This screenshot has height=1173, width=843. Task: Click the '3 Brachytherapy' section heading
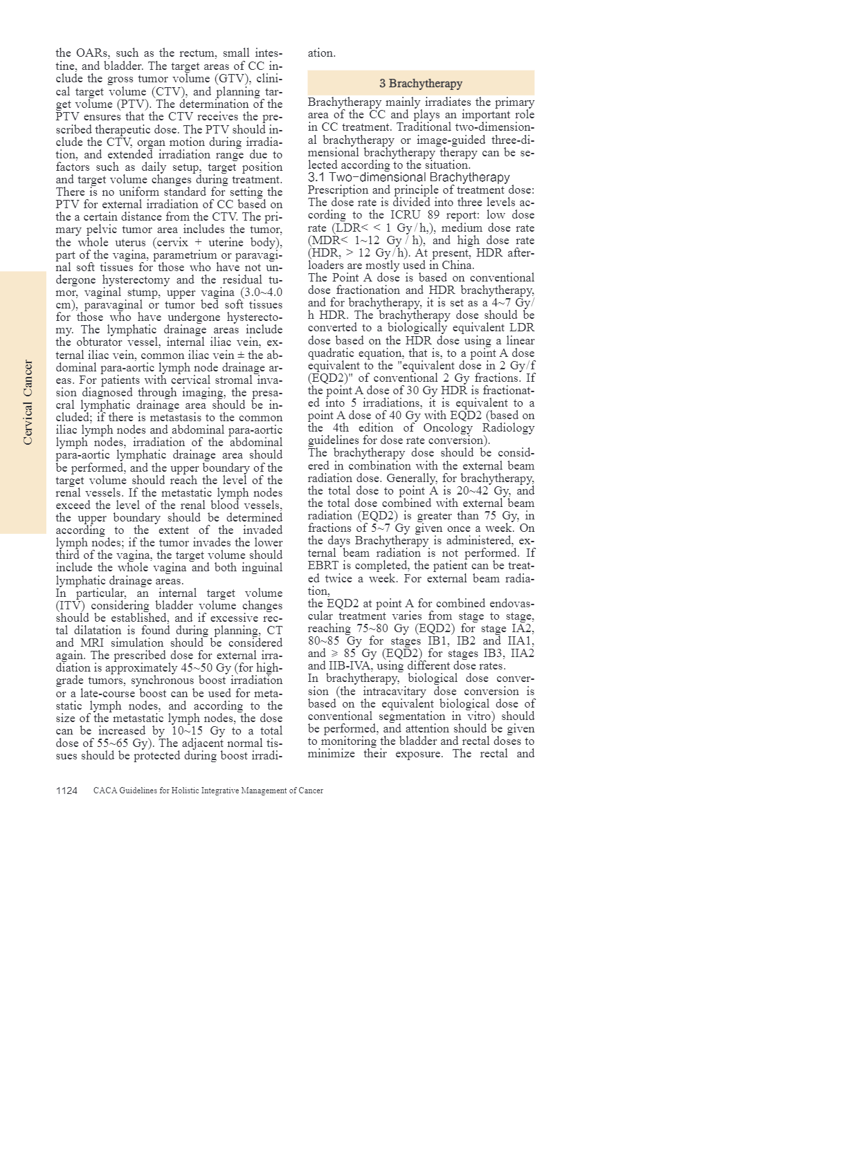click(x=421, y=84)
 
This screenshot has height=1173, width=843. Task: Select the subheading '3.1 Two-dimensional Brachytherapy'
click(x=408, y=178)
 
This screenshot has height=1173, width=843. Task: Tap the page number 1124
click(x=66, y=791)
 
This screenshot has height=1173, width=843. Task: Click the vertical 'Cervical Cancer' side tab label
click(x=28, y=403)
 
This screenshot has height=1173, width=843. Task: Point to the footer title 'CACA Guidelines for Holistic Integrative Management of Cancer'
click(x=208, y=791)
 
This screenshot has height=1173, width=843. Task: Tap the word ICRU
click(x=401, y=215)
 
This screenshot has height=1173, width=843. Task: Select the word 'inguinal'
click(x=261, y=568)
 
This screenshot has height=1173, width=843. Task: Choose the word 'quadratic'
click(x=332, y=353)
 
